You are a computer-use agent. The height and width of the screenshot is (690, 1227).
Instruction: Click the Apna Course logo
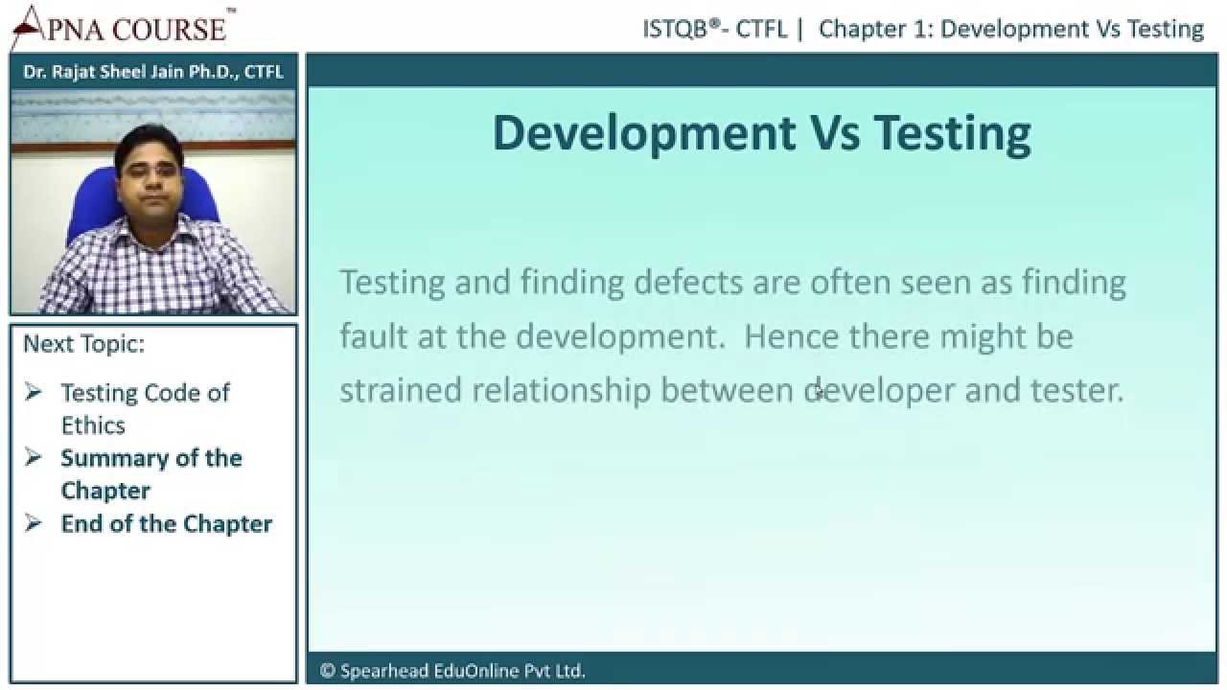[124, 27]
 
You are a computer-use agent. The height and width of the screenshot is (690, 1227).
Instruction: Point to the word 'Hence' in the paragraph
[791, 335]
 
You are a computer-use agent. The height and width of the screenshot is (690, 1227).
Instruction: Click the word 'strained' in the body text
[401, 390]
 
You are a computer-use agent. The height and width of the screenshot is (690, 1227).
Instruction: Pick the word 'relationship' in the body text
[561, 391]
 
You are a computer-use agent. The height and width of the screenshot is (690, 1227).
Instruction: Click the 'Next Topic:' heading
[83, 344]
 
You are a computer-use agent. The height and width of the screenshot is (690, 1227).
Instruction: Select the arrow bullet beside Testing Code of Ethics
[33, 392]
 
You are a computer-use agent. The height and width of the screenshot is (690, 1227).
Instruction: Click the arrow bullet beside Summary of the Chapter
[33, 457]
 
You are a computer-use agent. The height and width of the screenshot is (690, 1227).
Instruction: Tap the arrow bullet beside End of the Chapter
[33, 523]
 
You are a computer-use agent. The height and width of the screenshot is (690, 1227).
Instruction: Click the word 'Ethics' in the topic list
[93, 425]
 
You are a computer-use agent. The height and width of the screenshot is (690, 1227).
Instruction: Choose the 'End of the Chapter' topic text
[167, 524]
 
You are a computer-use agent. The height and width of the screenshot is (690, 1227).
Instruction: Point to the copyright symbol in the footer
[327, 671]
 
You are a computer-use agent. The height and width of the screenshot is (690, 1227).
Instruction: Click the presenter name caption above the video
[153, 72]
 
